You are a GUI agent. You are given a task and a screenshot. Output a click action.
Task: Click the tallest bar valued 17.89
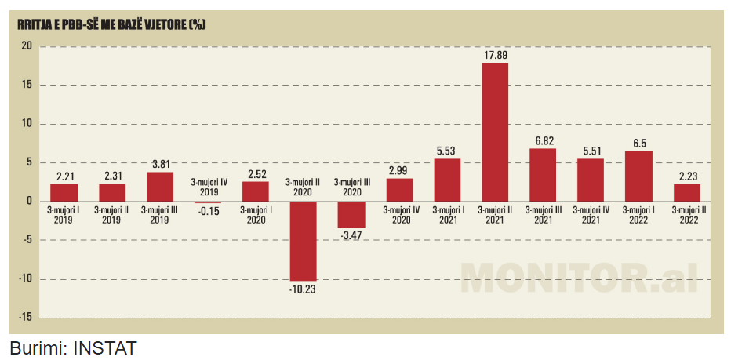pyautogui.click(x=494, y=132)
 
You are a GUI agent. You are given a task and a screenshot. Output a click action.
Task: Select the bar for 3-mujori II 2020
pyautogui.click(x=303, y=241)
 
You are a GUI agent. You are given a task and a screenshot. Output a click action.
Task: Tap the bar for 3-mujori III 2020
pyautogui.click(x=351, y=215)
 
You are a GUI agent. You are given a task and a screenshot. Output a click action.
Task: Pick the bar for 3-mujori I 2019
pyautogui.click(x=64, y=192)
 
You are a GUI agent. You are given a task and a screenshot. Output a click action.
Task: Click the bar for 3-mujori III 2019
pyautogui.click(x=160, y=187)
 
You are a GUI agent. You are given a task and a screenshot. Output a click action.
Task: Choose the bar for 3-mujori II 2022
pyautogui.click(x=686, y=192)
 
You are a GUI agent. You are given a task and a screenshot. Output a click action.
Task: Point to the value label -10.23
pyautogui.click(x=303, y=289)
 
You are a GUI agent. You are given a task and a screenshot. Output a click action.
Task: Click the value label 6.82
pyautogui.click(x=542, y=140)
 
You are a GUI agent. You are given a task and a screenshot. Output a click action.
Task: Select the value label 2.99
pyautogui.click(x=399, y=170)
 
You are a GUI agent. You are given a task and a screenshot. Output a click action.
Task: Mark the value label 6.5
pyautogui.click(x=638, y=143)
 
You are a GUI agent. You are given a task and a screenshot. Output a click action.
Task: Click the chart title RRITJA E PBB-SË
pyautogui.click(x=111, y=24)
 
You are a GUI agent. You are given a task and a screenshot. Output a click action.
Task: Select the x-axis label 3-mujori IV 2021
pyautogui.click(x=591, y=215)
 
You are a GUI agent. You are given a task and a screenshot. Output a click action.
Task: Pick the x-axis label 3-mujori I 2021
pyautogui.click(x=447, y=215)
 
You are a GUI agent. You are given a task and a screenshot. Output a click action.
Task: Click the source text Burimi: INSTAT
pyautogui.click(x=73, y=347)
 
